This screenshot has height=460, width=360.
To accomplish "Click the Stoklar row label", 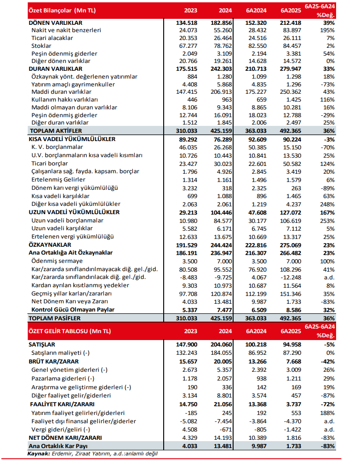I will (41, 45).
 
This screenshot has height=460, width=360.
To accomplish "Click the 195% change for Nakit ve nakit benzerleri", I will (328, 30).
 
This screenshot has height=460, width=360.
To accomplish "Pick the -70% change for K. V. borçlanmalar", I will (328, 147).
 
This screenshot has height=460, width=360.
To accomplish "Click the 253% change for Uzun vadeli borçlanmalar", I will (328, 221).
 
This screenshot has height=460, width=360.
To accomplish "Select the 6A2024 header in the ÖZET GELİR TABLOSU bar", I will (255, 331).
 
